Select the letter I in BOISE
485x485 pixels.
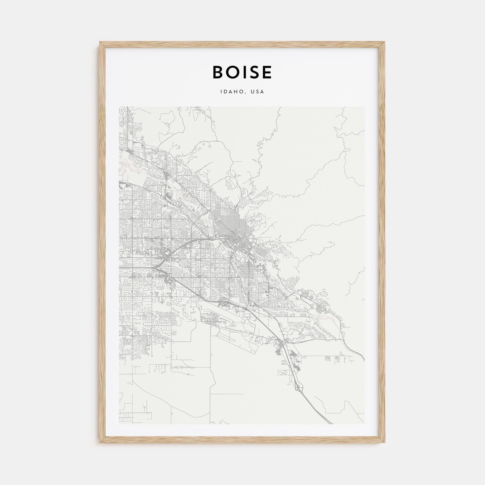coord(243,73)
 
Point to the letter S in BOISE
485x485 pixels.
coord(252,73)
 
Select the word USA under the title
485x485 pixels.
coord(259,92)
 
